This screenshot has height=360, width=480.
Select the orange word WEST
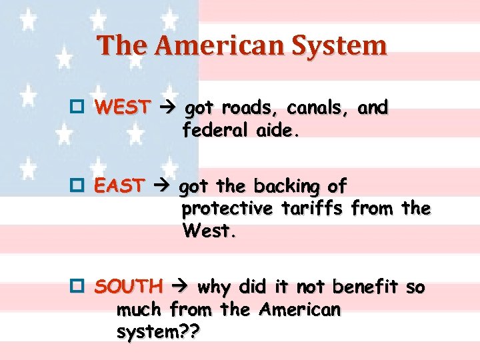[x=123, y=107]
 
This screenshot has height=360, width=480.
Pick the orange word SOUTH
[x=129, y=287]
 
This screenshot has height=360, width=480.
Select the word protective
[x=227, y=209]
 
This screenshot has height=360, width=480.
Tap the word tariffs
[x=311, y=209]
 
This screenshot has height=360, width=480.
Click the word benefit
[x=366, y=287]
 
